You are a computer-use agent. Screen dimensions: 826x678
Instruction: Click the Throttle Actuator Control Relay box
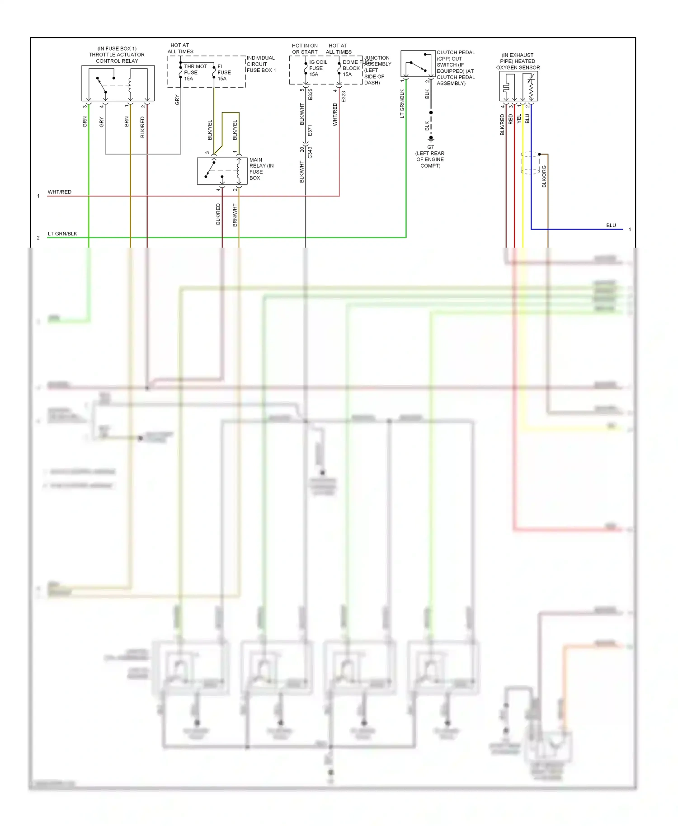(118, 83)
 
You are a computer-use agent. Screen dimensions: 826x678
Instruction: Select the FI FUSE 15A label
(224, 72)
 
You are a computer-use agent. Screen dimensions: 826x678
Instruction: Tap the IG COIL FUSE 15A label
(317, 68)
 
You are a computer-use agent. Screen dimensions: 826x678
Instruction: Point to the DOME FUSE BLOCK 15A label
(351, 68)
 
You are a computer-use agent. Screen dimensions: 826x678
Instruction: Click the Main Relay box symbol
(222, 171)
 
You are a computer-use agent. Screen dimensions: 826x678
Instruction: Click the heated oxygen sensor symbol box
(518, 86)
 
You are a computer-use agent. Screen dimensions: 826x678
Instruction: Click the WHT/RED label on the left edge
(59, 192)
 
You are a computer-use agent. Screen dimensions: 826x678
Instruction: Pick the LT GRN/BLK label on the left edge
(62, 234)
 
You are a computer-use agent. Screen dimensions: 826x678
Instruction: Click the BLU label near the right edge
(611, 225)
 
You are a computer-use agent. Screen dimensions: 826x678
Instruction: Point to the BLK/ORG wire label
(544, 176)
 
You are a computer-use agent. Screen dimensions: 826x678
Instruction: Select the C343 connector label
(310, 152)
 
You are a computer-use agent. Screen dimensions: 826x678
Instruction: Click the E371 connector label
(310, 131)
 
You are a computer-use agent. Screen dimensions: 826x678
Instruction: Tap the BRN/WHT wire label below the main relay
(235, 215)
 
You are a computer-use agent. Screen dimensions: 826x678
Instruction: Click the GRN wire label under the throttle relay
(85, 122)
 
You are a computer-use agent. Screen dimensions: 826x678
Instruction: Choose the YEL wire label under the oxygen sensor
(519, 118)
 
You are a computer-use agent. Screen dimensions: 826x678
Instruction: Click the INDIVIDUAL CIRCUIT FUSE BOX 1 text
(260, 64)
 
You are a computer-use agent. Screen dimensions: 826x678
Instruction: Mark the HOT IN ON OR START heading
(305, 49)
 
